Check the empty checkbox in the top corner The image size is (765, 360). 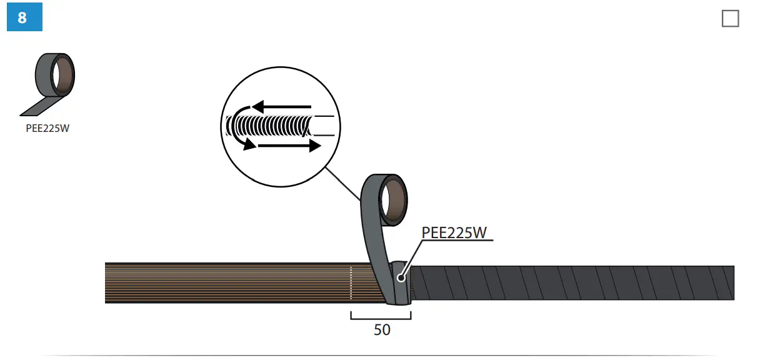(x=730, y=19)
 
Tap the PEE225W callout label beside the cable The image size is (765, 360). (x=454, y=232)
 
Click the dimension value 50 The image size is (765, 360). (x=382, y=330)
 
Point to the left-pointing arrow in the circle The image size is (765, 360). (x=281, y=107)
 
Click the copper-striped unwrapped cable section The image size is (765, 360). (x=225, y=284)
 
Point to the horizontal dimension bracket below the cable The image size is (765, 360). (x=381, y=316)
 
